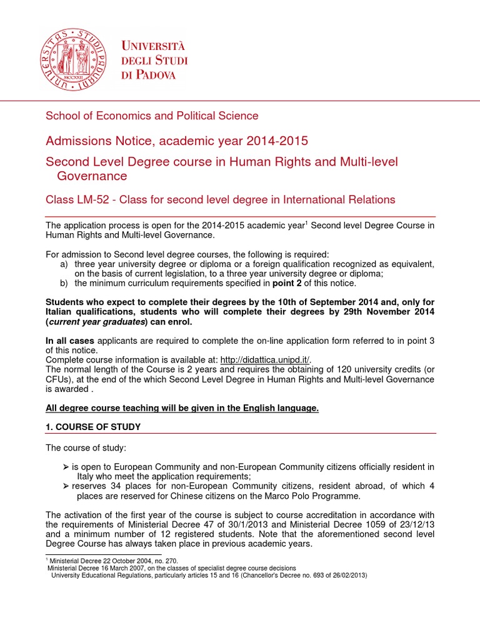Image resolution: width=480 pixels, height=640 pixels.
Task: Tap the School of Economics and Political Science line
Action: (x=152, y=116)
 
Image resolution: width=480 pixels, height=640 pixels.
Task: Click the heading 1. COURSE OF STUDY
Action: (x=93, y=426)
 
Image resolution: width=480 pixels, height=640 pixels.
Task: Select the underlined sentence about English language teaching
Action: (x=182, y=408)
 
